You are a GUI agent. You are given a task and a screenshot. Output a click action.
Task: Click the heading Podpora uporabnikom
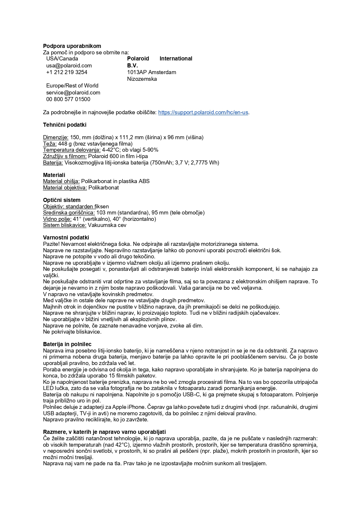point(72,46)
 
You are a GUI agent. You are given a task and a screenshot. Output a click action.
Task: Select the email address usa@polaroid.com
point(69,65)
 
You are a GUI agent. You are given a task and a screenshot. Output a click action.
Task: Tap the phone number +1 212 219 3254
point(67,72)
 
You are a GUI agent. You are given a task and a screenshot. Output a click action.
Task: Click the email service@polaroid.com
point(73,92)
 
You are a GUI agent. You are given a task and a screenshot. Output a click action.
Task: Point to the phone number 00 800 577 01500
point(68,99)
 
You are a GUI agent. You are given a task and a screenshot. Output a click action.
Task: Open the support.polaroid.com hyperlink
point(203,112)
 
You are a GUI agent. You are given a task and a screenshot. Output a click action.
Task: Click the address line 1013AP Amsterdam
point(151,72)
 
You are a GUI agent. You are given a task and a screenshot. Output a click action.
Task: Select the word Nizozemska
point(142,79)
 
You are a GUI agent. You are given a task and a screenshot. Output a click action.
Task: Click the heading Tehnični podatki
point(65,125)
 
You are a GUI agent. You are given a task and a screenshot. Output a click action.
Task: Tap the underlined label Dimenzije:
point(56,137)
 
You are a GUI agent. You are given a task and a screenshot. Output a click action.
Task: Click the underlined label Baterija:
point(53,162)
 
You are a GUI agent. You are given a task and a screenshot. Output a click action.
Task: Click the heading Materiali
point(54,175)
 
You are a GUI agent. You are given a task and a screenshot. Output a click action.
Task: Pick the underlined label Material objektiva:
point(65,187)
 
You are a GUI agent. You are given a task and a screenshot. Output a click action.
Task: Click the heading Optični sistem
point(62,200)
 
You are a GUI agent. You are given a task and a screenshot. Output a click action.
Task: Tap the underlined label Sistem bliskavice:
point(65,225)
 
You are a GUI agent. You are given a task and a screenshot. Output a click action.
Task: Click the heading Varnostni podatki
point(66,237)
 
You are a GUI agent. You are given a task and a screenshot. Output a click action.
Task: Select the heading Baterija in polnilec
point(67,344)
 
